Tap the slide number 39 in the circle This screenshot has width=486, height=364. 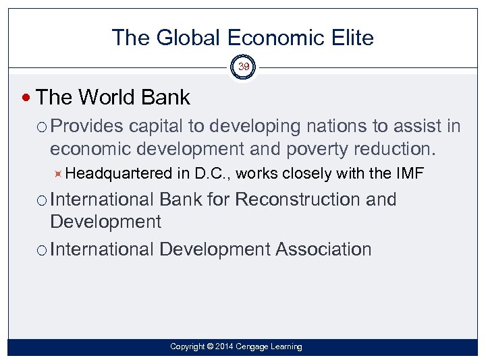click(243, 67)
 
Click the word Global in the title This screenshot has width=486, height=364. click(185, 38)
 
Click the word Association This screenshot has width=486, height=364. click(323, 249)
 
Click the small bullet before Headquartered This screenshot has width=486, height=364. click(59, 174)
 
